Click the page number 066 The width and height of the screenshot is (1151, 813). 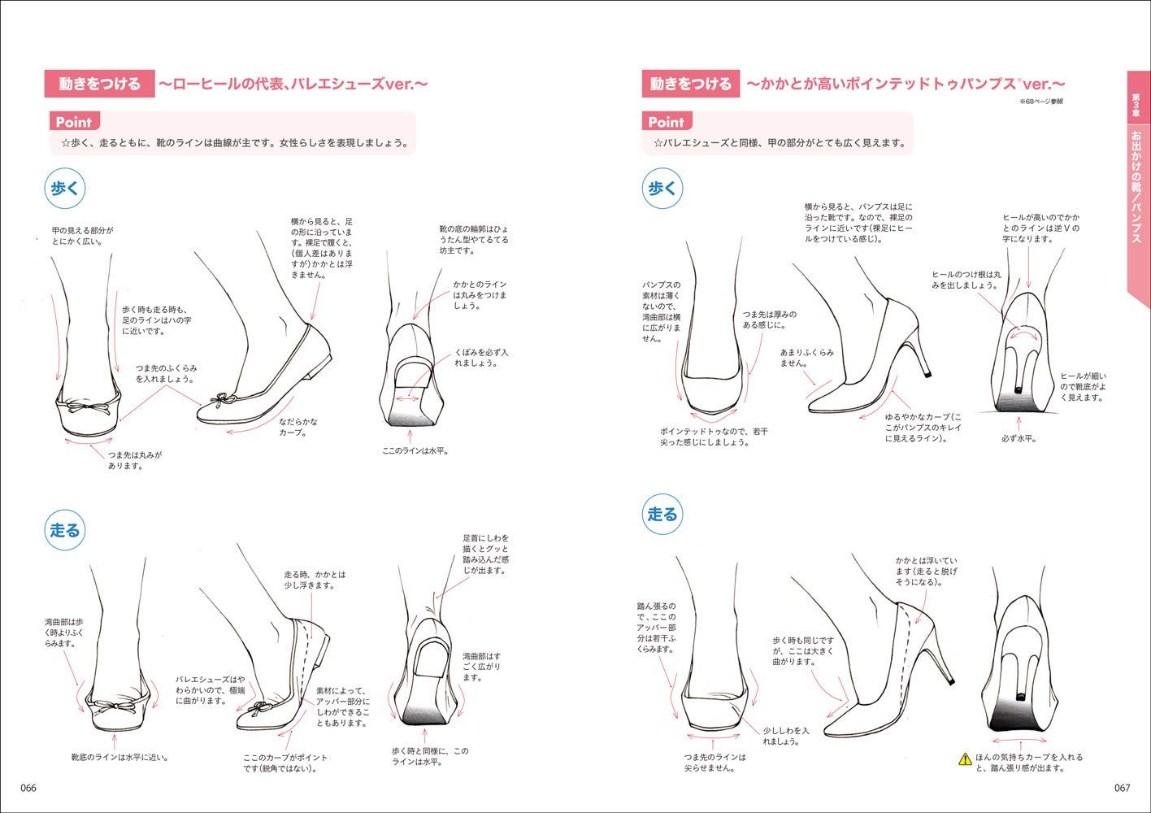click(x=28, y=788)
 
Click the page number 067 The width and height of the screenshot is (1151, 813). click(x=1122, y=788)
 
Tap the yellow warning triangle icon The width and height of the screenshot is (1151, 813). click(x=964, y=759)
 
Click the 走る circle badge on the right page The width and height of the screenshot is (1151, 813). click(x=662, y=514)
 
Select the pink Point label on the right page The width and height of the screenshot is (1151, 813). click(x=666, y=122)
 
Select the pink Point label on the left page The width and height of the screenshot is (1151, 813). click(x=73, y=122)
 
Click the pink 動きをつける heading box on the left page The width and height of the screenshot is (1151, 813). click(x=99, y=84)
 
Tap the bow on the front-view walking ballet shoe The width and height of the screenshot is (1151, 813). click(x=89, y=404)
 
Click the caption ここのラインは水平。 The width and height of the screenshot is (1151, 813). click(x=415, y=450)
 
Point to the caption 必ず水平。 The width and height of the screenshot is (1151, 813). click(x=1018, y=438)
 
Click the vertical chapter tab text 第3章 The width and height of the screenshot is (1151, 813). click(x=1137, y=105)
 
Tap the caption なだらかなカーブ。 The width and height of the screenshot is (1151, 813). click(x=298, y=427)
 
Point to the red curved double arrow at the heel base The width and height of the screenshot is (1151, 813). click(x=1023, y=333)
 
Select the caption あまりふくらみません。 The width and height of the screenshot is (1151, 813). click(x=806, y=358)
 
